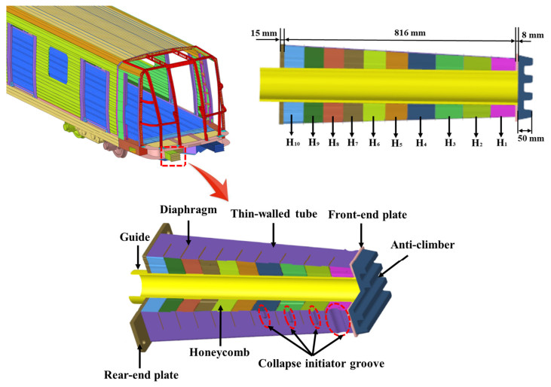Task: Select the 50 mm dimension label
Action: [x=534, y=138]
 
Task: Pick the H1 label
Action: [x=500, y=142]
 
